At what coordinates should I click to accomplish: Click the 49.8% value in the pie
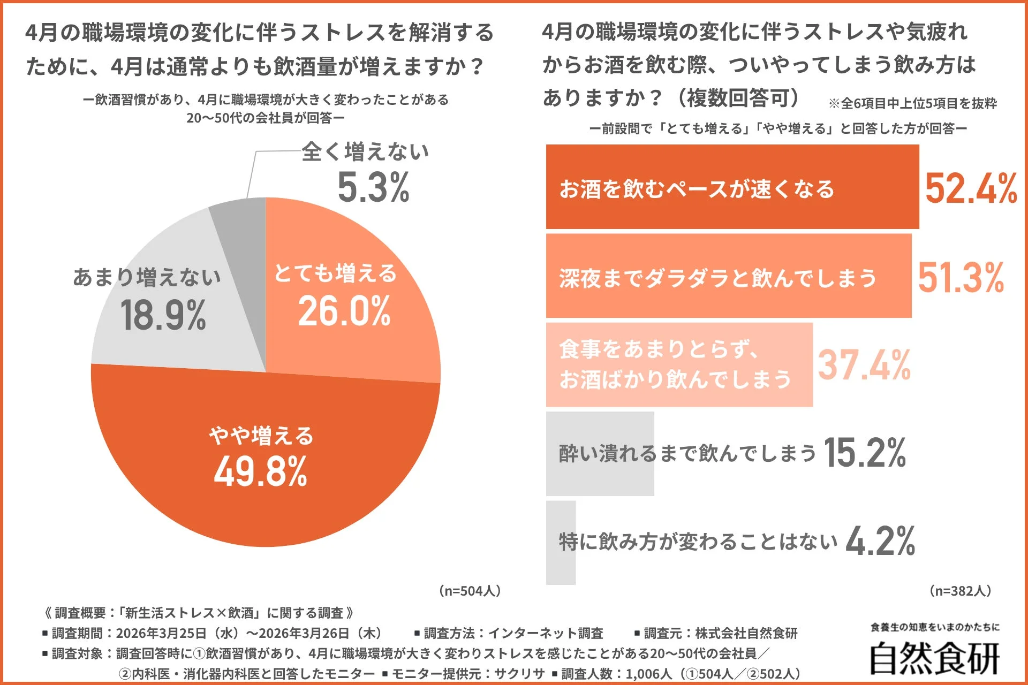261,471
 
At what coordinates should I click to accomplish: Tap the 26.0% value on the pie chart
344,311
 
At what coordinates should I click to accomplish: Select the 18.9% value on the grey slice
163,315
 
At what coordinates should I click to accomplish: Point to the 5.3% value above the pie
373,188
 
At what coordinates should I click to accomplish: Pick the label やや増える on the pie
261,436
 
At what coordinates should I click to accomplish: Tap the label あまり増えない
147,277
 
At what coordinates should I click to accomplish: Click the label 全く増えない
365,152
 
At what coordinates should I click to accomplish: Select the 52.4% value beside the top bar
971,189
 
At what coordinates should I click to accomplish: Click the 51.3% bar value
961,278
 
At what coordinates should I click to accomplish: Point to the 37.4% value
864,366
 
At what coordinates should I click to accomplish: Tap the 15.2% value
864,453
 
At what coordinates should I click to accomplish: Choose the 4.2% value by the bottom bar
880,541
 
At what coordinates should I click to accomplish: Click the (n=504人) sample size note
470,591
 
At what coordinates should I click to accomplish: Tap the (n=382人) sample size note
961,591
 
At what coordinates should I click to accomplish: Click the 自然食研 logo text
934,658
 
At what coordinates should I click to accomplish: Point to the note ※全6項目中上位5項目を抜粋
912,103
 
